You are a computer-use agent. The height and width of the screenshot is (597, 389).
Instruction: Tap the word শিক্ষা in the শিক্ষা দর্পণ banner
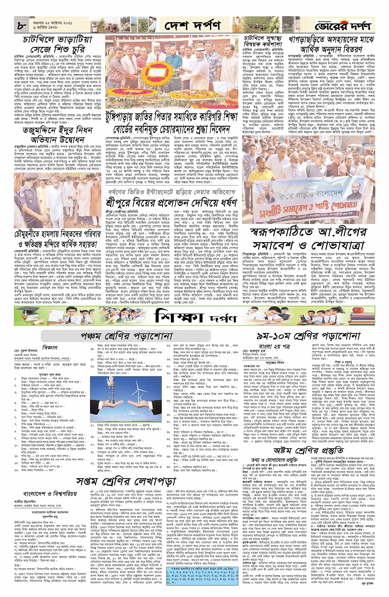coord(182,316)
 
